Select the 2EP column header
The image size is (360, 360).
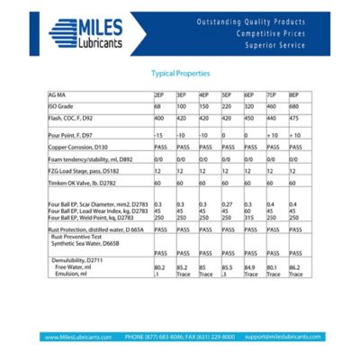(x=159, y=94)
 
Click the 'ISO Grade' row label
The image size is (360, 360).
(x=59, y=106)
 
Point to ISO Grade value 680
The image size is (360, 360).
(x=295, y=106)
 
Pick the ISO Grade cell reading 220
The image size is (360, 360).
(x=228, y=106)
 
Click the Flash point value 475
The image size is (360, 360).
(x=294, y=118)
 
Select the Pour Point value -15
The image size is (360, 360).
(x=159, y=134)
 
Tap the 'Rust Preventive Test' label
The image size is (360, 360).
(x=78, y=237)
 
